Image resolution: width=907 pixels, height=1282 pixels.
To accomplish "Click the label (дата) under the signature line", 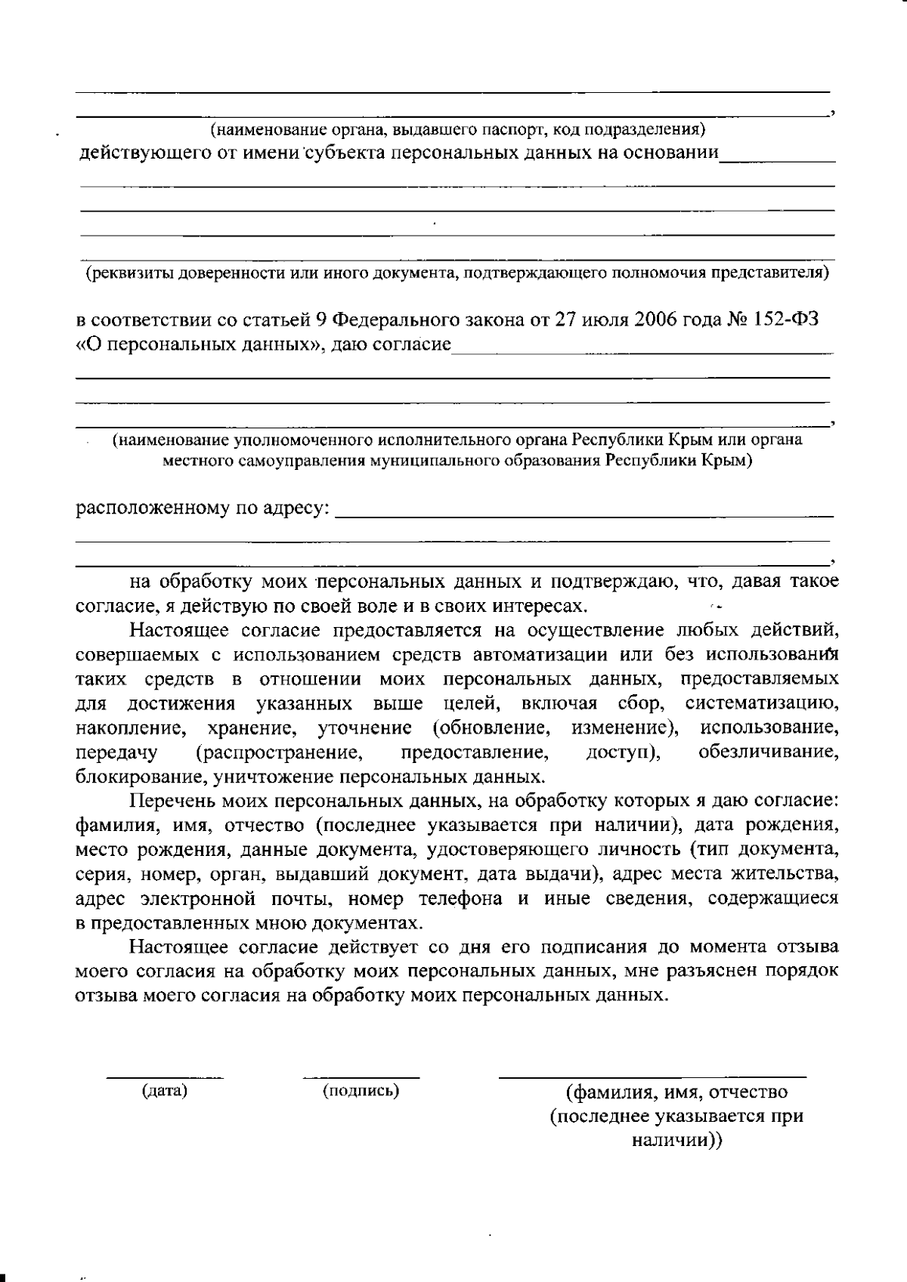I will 165,1091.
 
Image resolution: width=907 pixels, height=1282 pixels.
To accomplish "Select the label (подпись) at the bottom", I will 361,1091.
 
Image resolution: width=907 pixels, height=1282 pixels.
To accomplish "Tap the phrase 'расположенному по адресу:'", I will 203,508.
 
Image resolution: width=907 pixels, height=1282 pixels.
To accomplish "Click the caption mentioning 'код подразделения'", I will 457,130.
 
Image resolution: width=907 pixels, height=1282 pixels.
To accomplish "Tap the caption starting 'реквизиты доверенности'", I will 457,273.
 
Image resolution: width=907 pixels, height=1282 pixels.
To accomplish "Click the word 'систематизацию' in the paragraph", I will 762,704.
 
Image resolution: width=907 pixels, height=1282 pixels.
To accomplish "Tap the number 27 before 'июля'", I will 565,320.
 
